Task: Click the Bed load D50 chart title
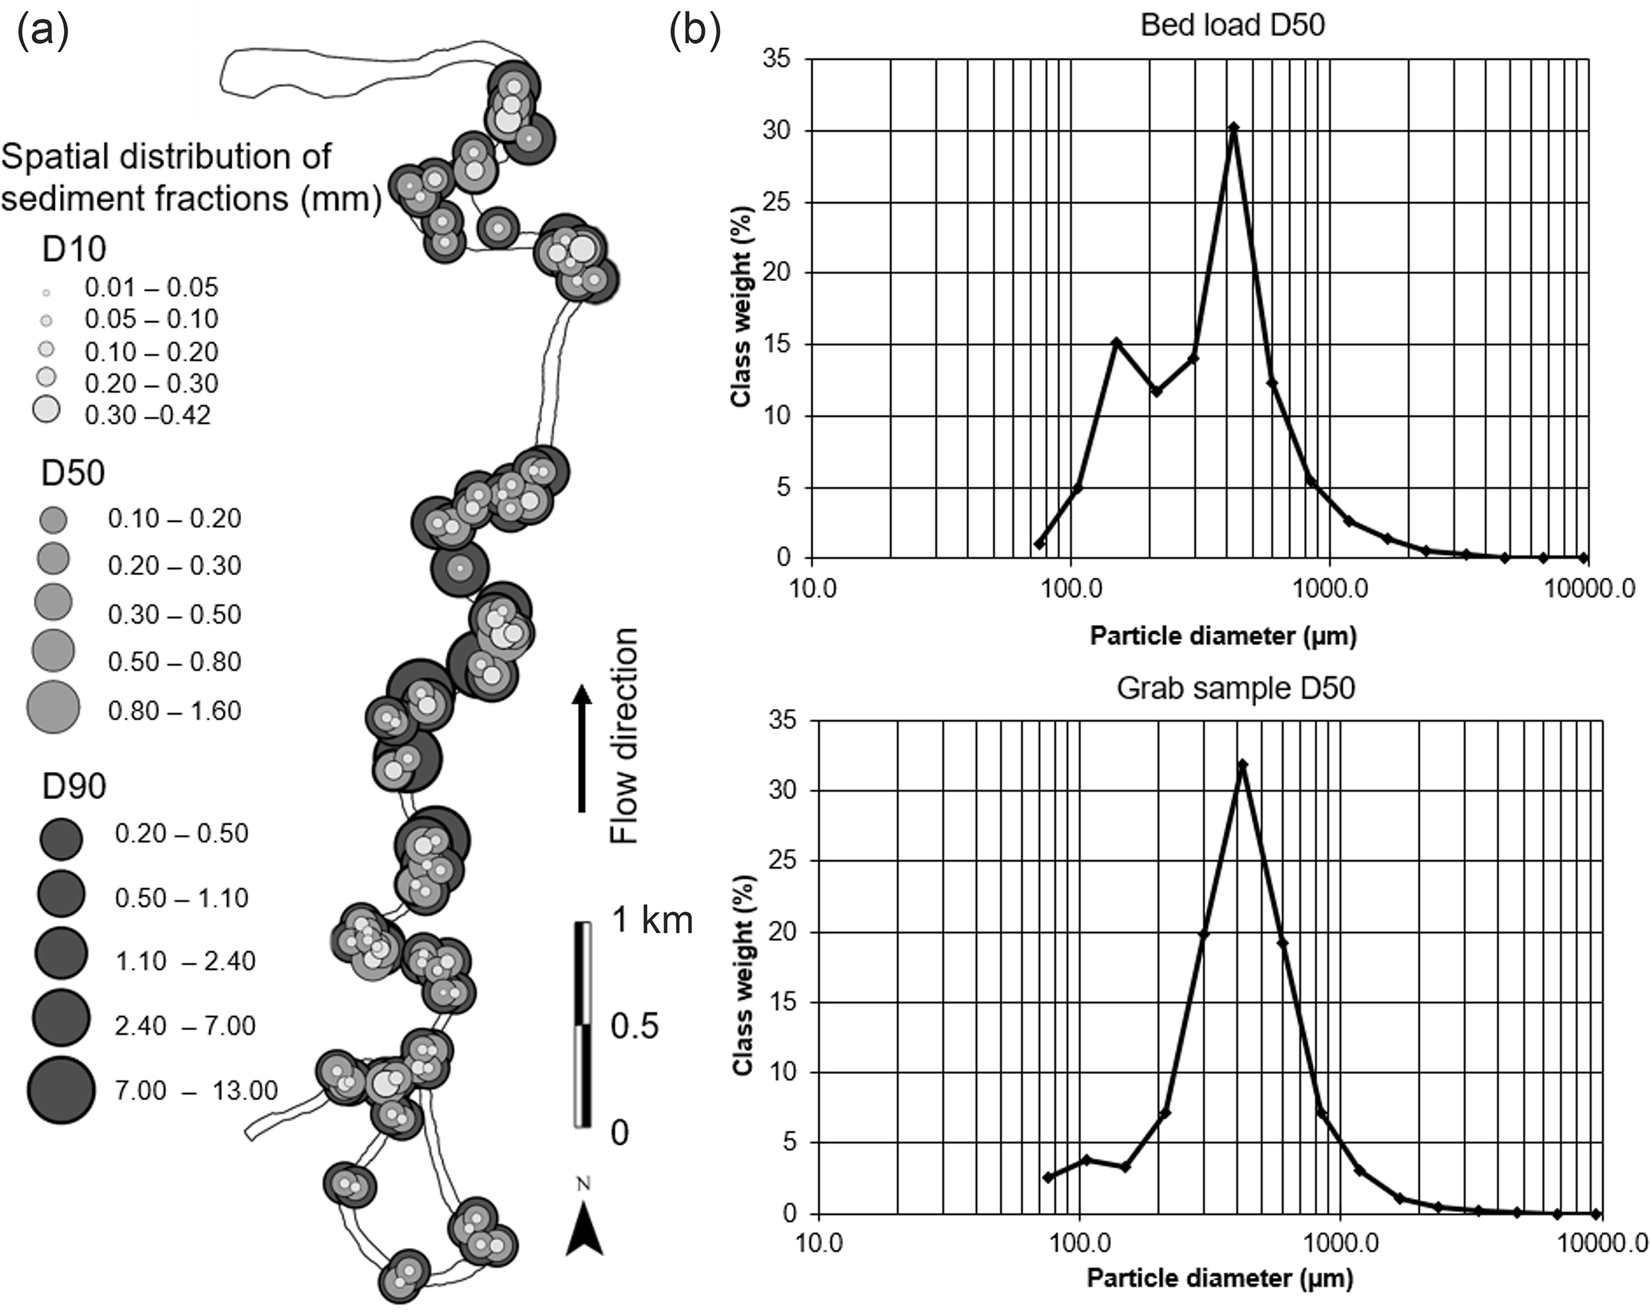click(1233, 25)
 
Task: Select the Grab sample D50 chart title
click(1236, 687)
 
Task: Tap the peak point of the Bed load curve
click(1233, 127)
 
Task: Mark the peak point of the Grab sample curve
click(1242, 765)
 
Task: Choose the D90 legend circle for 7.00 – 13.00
click(61, 1090)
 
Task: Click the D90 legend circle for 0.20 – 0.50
click(61, 839)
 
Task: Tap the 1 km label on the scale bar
click(651, 921)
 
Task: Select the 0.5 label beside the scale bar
click(635, 1026)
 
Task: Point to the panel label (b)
click(694, 32)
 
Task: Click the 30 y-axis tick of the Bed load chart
click(778, 131)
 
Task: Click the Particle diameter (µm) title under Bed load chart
click(1223, 636)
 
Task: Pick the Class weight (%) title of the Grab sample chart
click(742, 975)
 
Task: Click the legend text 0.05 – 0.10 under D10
click(152, 319)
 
